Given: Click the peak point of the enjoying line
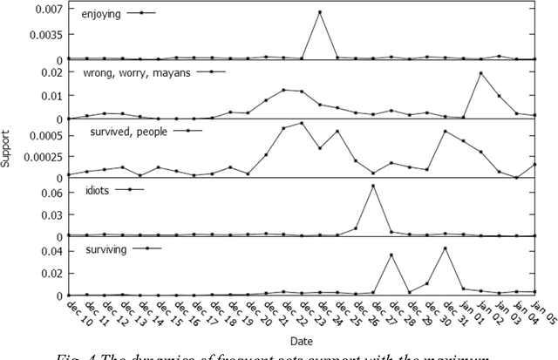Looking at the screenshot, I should pyautogui.click(x=320, y=12).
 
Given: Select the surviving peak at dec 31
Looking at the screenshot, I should pyautogui.click(x=445, y=248).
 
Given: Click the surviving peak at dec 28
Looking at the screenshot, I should pyautogui.click(x=391, y=255).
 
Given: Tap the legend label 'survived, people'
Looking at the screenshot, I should pyautogui.click(x=124, y=131).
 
